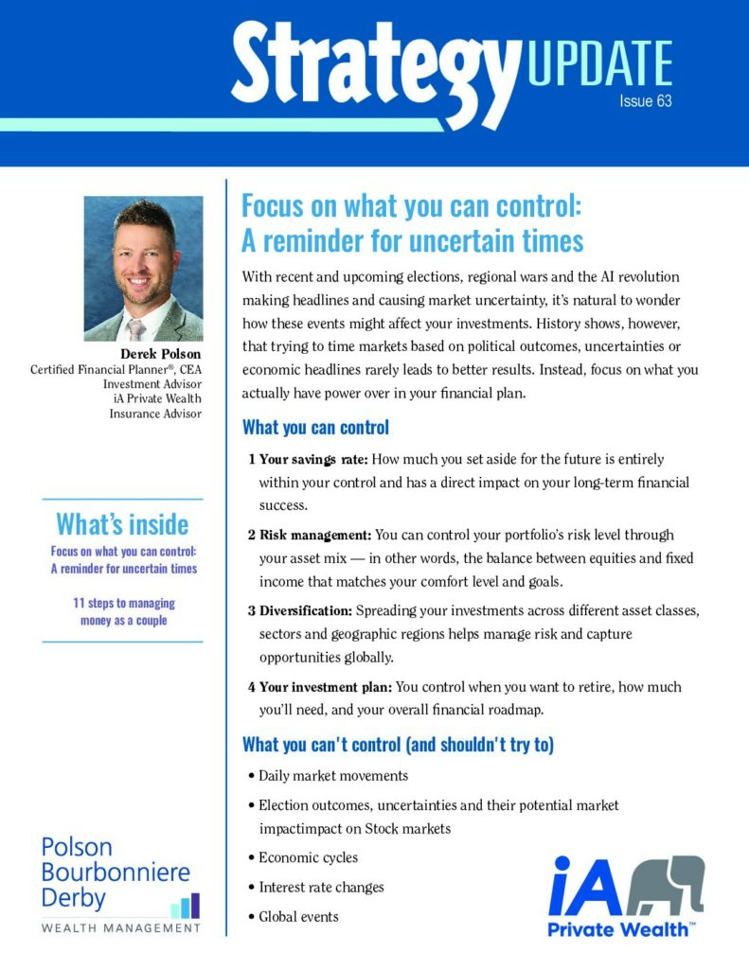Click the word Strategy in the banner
tap(375, 62)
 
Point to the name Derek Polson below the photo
tap(160, 354)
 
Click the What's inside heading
tap(122, 523)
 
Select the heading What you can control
tap(315, 427)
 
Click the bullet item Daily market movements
tap(332, 776)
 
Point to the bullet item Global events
tap(298, 916)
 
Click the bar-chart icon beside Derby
tap(185, 906)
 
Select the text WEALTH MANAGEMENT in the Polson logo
tap(121, 928)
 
